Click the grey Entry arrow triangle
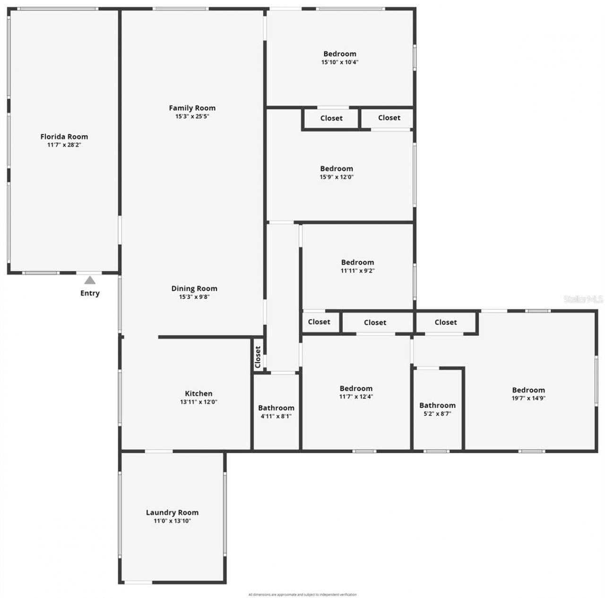click(x=90, y=281)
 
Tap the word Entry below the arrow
click(x=90, y=293)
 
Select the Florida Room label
click(x=64, y=137)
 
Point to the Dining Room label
click(x=194, y=289)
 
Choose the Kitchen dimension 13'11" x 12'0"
click(x=199, y=402)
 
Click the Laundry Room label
click(x=172, y=513)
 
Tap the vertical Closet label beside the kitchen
click(x=258, y=357)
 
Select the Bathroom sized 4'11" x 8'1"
click(x=276, y=408)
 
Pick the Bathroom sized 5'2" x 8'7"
click(x=437, y=405)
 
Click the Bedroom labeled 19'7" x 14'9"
click(x=528, y=390)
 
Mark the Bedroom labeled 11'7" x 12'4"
click(x=356, y=389)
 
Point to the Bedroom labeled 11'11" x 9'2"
click(x=357, y=263)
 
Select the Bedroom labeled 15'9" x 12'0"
click(x=337, y=169)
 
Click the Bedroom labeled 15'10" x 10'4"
click(x=340, y=54)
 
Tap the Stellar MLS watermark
click(x=583, y=299)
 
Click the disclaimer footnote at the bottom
click(x=302, y=595)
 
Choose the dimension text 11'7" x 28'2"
click(x=64, y=145)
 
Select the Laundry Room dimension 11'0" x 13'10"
click(x=172, y=521)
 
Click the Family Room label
click(x=192, y=108)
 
